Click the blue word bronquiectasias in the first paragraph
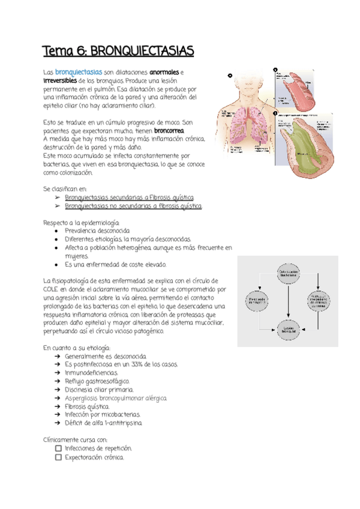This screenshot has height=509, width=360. (79, 73)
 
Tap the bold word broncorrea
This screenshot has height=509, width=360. (170, 131)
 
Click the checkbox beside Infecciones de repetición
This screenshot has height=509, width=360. (58, 448)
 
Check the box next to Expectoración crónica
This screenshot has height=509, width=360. (58, 457)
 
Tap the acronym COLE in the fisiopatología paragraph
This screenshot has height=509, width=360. (53, 289)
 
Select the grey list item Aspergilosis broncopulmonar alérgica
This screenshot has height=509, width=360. (116, 397)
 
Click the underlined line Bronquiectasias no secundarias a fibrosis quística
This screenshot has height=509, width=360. (133, 206)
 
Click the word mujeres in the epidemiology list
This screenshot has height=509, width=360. (76, 256)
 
